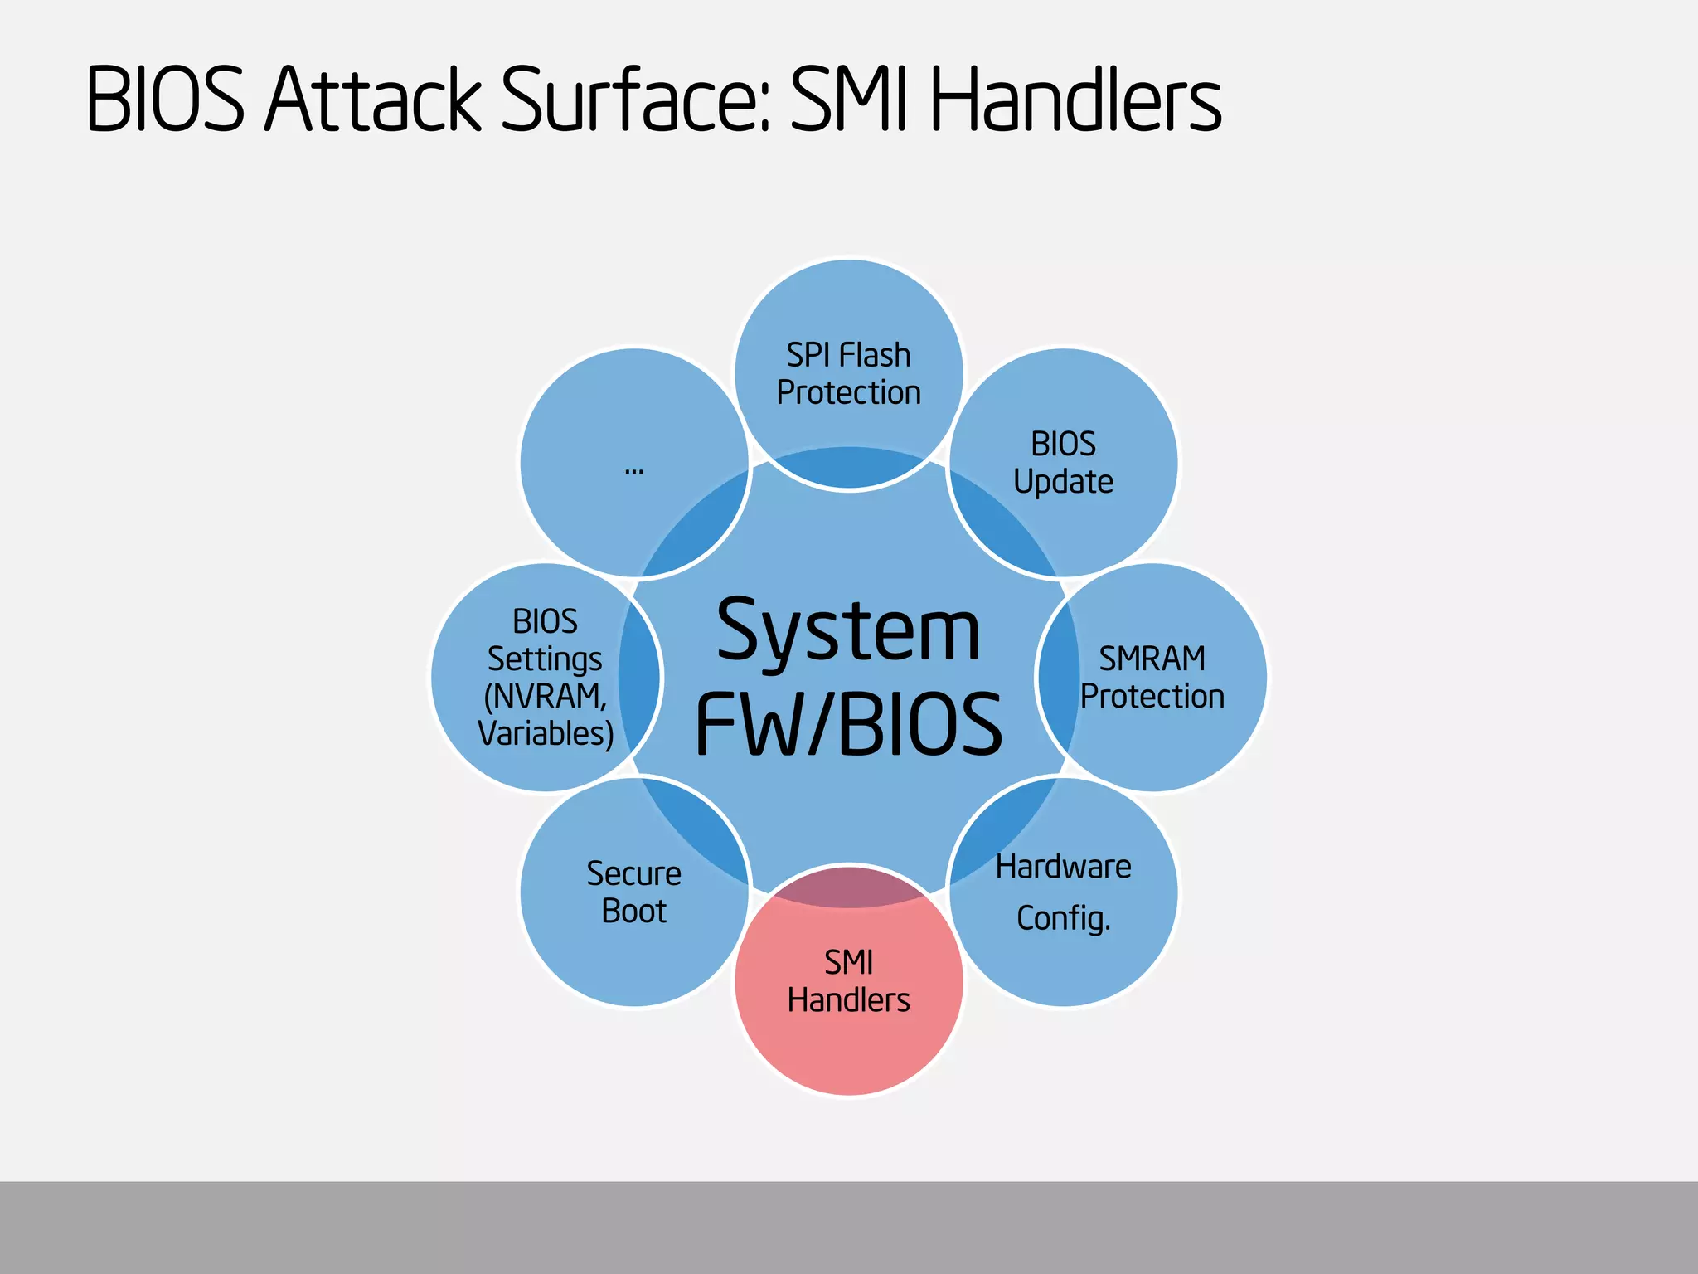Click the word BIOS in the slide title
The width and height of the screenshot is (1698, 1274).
click(166, 100)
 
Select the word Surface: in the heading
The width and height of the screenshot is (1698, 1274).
click(636, 100)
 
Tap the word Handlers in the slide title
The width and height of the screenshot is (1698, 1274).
click(1075, 100)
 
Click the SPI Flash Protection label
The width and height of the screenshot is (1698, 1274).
click(848, 374)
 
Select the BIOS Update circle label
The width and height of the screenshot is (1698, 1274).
click(1063, 463)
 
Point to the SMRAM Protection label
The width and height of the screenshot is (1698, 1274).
click(1152, 677)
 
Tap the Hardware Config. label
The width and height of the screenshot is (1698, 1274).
click(1063, 892)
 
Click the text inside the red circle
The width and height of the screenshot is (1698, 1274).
click(848, 981)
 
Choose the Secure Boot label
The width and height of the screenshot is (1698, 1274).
click(633, 892)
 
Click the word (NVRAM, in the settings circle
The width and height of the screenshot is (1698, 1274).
click(546, 696)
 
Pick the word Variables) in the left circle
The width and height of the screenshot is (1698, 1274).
click(546, 733)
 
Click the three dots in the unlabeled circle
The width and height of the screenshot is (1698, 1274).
click(633, 471)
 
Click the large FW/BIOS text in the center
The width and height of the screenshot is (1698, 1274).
click(848, 724)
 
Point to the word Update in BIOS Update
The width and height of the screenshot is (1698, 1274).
click(1063, 482)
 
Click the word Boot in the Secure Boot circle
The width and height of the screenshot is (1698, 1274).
click(633, 911)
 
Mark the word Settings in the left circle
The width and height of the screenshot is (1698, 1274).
click(545, 659)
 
